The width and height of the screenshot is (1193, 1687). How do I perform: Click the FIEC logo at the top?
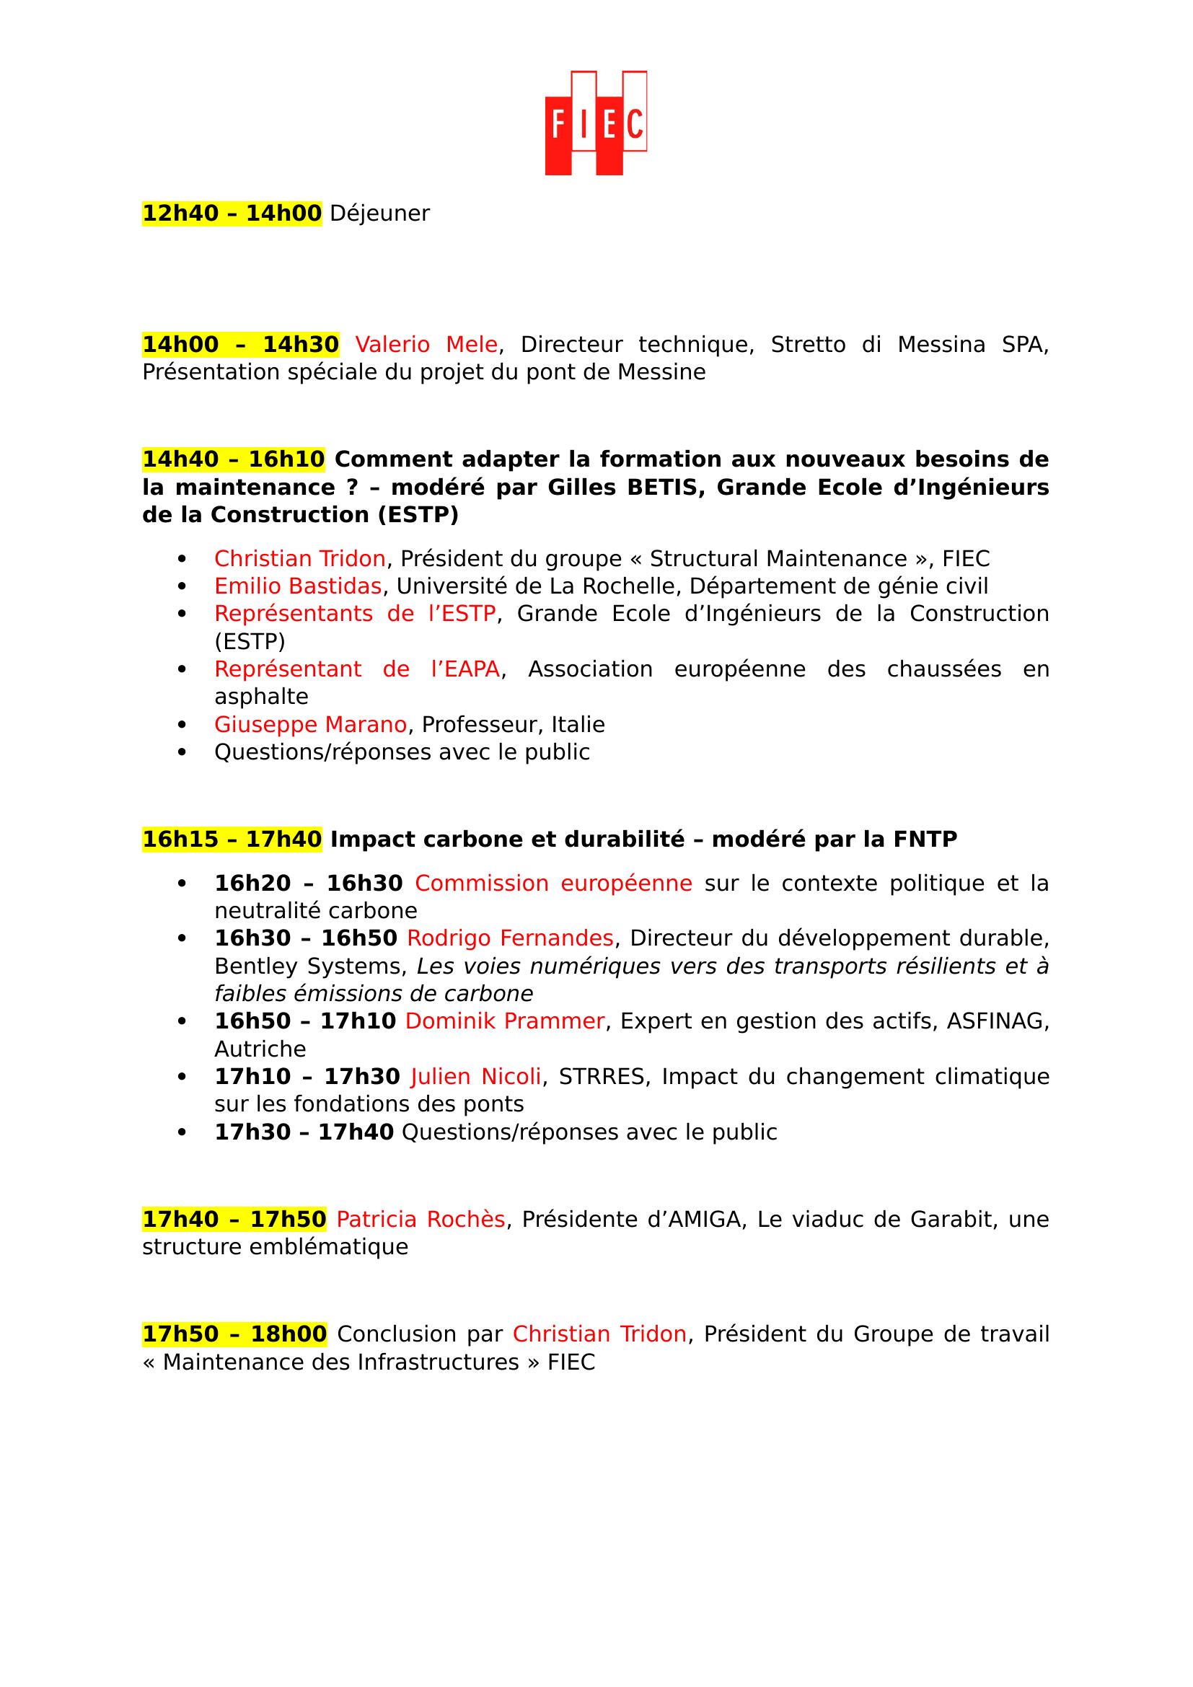point(596,123)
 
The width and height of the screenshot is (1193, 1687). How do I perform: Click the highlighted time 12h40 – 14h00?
point(232,213)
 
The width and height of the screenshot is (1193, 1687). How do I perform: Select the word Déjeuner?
point(379,213)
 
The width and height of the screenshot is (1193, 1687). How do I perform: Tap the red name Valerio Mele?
point(426,345)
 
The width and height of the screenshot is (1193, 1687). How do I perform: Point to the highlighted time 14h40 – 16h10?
point(233,459)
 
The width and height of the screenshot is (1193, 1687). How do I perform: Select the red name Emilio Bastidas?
point(297,586)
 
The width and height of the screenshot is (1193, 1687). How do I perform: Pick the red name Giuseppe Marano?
point(310,724)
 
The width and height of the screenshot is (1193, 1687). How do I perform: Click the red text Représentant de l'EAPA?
point(357,669)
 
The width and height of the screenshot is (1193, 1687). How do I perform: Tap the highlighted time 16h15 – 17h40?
point(232,839)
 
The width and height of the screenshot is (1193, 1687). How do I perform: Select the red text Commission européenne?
point(553,884)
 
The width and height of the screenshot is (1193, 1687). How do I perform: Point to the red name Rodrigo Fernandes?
point(510,938)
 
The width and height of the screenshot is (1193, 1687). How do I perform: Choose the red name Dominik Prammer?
point(504,1021)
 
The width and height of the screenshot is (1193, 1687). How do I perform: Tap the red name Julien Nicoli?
point(476,1076)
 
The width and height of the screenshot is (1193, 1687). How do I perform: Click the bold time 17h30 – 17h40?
point(304,1132)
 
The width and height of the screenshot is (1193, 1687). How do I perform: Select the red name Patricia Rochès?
point(421,1220)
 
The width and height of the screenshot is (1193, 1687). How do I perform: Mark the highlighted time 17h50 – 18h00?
point(234,1334)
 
